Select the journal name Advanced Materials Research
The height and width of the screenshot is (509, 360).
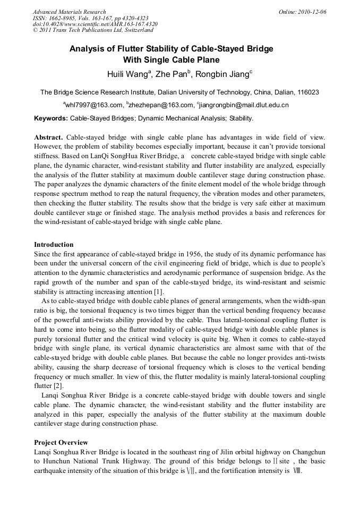click(x=69, y=12)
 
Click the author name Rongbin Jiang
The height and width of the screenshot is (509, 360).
click(x=222, y=74)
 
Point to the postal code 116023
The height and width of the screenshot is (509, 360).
click(x=307, y=92)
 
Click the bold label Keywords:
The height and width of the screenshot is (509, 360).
click(x=51, y=118)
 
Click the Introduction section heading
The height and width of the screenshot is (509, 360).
click(x=54, y=245)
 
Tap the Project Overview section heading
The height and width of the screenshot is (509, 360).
click(x=61, y=442)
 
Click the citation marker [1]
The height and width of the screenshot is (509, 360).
click(x=158, y=292)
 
